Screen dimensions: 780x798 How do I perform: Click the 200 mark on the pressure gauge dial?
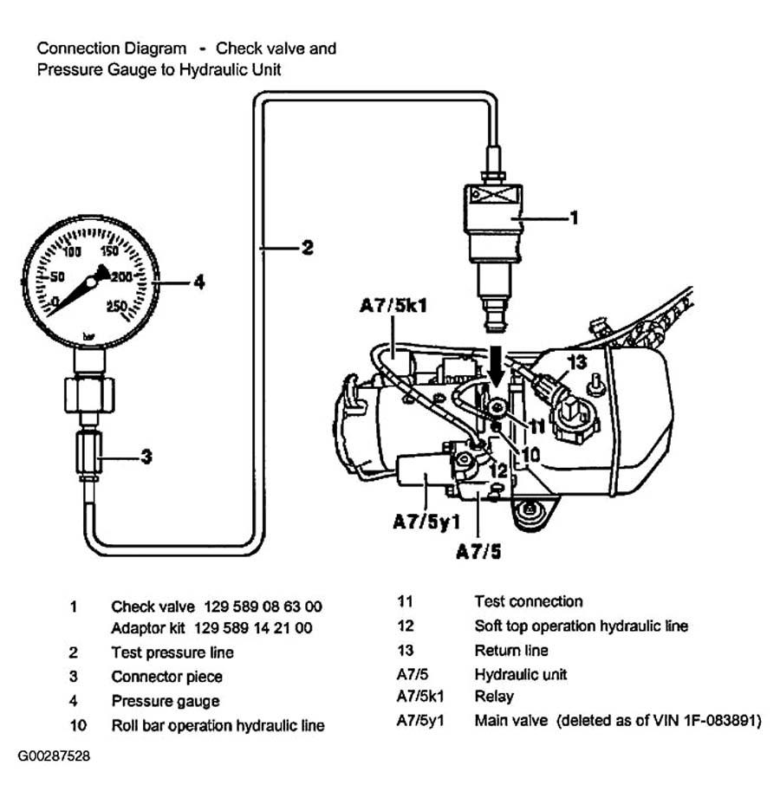tap(121, 277)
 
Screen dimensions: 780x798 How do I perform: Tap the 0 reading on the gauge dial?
tap(55, 302)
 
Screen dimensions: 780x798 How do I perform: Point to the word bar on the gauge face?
tap(88, 337)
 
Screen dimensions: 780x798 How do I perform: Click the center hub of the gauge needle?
tap(91, 282)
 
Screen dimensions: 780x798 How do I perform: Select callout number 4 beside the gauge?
tap(199, 282)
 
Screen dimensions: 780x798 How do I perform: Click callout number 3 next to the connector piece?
tap(146, 457)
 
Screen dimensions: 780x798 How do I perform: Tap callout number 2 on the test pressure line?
tap(308, 248)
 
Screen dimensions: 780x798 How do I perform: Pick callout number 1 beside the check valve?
tap(575, 217)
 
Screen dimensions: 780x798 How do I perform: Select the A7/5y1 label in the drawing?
tap(426, 522)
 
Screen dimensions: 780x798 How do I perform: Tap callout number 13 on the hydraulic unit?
tap(577, 362)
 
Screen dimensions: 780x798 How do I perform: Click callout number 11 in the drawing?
tap(536, 426)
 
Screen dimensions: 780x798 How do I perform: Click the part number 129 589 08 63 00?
tap(263, 607)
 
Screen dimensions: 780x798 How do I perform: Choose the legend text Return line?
tap(511, 651)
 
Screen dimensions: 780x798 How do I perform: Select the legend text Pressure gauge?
tap(166, 701)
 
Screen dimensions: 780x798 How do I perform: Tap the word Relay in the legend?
tap(494, 697)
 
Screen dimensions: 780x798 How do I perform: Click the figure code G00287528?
tap(54, 756)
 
